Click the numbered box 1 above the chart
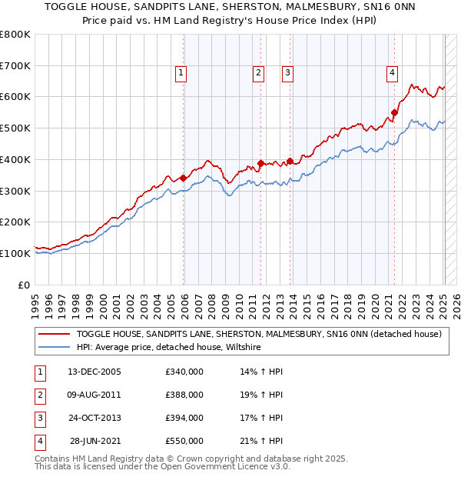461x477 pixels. pyautogui.click(x=181, y=73)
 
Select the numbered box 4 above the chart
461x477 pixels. pyautogui.click(x=392, y=73)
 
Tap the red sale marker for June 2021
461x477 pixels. pyautogui.click(x=395, y=112)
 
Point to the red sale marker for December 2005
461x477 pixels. pyautogui.click(x=184, y=178)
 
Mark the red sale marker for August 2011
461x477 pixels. pyautogui.click(x=260, y=163)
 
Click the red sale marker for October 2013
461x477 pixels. pyautogui.click(x=290, y=162)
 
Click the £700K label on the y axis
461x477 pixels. pyautogui.click(x=15, y=65)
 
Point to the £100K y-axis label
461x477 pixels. pyautogui.click(x=15, y=253)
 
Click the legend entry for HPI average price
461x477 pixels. pyautogui.click(x=169, y=348)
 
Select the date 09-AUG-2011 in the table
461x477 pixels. pyautogui.click(x=95, y=395)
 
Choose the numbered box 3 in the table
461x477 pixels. pyautogui.click(x=38, y=418)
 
